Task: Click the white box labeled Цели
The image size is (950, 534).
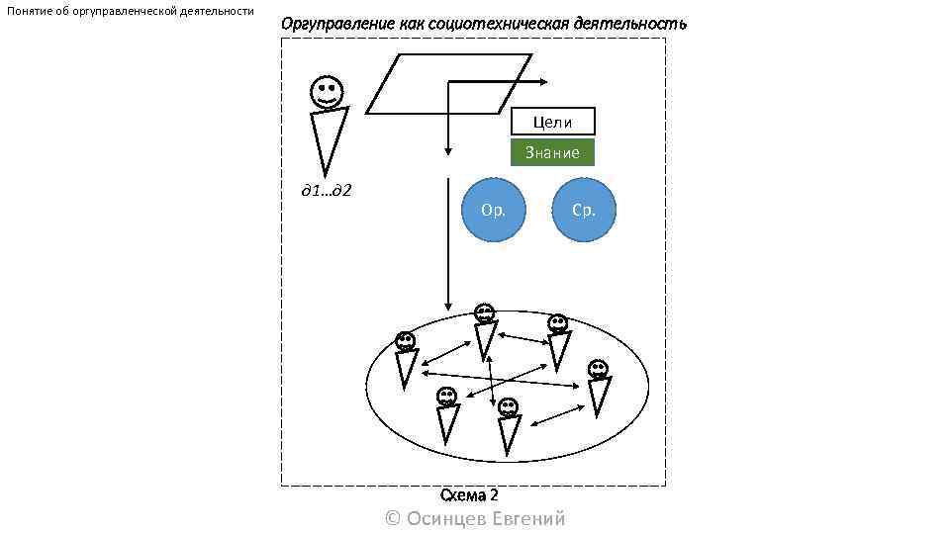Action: click(552, 122)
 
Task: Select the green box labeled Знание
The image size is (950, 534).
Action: click(552, 152)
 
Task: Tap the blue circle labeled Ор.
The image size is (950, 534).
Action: click(493, 210)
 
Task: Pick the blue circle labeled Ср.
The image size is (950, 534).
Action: click(584, 210)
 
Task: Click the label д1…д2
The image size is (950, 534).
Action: click(327, 189)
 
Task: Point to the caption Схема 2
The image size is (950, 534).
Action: click(469, 495)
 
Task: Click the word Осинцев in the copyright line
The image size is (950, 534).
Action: click(447, 519)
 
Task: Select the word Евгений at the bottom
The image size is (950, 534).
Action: click(528, 519)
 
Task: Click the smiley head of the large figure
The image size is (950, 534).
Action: click(328, 93)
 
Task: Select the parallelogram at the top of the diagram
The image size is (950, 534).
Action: click(447, 84)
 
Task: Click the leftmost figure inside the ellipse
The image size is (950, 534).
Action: click(406, 360)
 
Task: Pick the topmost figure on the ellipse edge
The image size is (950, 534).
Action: click(484, 330)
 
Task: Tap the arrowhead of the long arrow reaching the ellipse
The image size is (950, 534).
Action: click(448, 306)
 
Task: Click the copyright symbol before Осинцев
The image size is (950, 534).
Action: click(392, 519)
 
